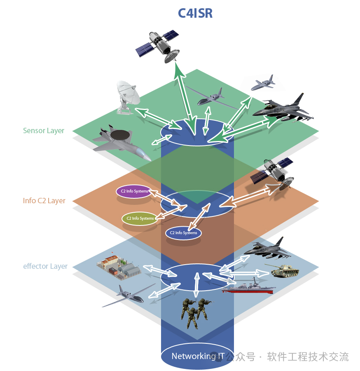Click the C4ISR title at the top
point(195,13)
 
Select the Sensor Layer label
point(44,131)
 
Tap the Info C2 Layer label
point(44,201)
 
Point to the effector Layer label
point(45,266)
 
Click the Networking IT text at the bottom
point(198,356)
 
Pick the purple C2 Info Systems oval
point(134,191)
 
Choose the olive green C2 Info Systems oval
point(140,218)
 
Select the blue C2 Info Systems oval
point(183,233)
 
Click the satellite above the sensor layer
point(157,46)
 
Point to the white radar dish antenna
point(128,97)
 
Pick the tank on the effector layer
point(284,270)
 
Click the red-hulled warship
point(248,287)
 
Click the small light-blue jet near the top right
point(263,83)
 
